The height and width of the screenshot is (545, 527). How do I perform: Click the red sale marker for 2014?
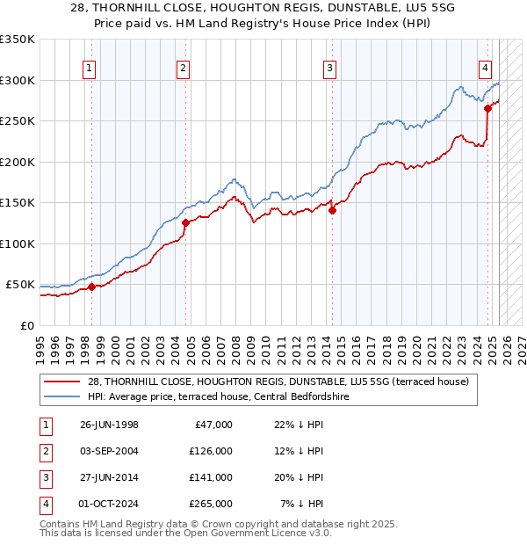(332, 210)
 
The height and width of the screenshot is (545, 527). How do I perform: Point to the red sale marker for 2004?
(185, 222)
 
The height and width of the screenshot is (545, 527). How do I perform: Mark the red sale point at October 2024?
(487, 109)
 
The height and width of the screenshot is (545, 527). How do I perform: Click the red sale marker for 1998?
(91, 287)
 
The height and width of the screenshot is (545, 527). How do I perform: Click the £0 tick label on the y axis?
(26, 325)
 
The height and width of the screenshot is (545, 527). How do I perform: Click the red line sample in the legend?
(63, 381)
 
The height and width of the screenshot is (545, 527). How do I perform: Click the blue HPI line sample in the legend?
(63, 396)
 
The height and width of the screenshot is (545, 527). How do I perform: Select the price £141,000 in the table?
(211, 477)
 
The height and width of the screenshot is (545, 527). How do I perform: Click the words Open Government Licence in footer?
(237, 533)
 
